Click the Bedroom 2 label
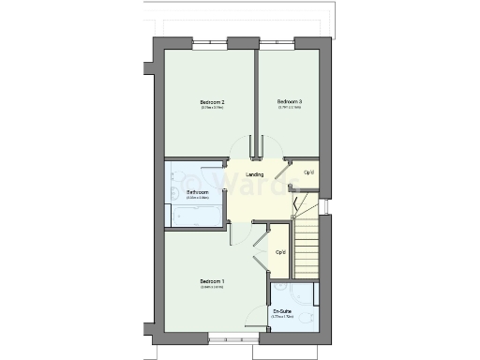click(211, 101)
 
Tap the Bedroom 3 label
click(288, 101)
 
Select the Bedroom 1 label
click(211, 281)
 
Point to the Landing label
click(254, 175)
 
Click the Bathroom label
click(197, 192)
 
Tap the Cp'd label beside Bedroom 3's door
click(309, 172)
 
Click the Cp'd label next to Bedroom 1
click(280, 252)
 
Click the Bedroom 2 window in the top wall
click(211, 43)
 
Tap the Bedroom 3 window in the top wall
click(277, 43)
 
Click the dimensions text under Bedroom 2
click(211, 108)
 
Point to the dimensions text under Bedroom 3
click(288, 108)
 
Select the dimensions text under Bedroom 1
click(211, 288)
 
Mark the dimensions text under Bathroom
click(197, 198)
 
